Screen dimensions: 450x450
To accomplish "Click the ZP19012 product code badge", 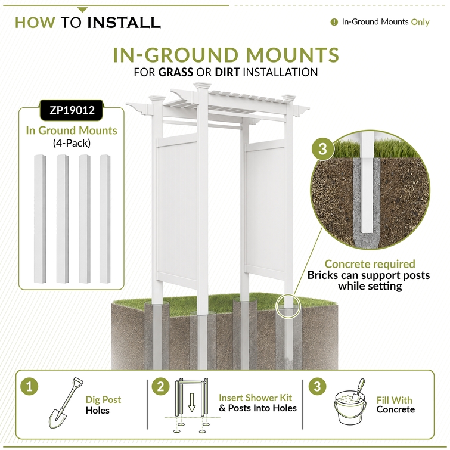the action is pyautogui.click(x=72, y=110).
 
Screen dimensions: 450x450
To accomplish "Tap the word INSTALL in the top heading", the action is pyautogui.click(x=124, y=23).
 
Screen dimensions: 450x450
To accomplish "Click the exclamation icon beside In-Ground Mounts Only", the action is pyautogui.click(x=334, y=22).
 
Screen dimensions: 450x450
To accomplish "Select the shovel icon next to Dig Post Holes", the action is pyautogui.click(x=66, y=403).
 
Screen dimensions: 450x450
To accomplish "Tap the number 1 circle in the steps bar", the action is pyautogui.click(x=29, y=387).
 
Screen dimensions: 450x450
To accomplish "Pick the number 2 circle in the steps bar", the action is pyautogui.click(x=160, y=387).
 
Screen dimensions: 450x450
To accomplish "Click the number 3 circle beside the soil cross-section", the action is pyautogui.click(x=323, y=148).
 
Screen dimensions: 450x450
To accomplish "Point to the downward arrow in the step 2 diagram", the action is pyautogui.click(x=192, y=402).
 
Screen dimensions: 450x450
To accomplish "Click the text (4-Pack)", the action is pyautogui.click(x=72, y=143).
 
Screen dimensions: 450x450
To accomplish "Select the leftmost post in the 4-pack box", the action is pyautogui.click(x=40, y=219).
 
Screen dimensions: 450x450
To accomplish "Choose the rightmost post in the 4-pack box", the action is pyautogui.click(x=105, y=219).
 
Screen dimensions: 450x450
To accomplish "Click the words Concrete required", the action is pyautogui.click(x=370, y=264).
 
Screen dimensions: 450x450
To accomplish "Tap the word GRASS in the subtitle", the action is pyautogui.click(x=176, y=72).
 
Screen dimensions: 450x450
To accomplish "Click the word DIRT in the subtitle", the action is pyautogui.click(x=227, y=72).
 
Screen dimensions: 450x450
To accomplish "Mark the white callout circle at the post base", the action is pyautogui.click(x=288, y=306).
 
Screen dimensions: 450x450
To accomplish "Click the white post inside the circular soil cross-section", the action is pyautogui.click(x=368, y=183).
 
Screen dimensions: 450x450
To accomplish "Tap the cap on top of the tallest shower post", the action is pyautogui.click(x=201, y=85).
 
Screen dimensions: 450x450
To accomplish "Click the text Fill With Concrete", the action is pyautogui.click(x=396, y=405).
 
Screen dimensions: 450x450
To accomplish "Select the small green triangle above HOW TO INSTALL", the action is pyautogui.click(x=82, y=10).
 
